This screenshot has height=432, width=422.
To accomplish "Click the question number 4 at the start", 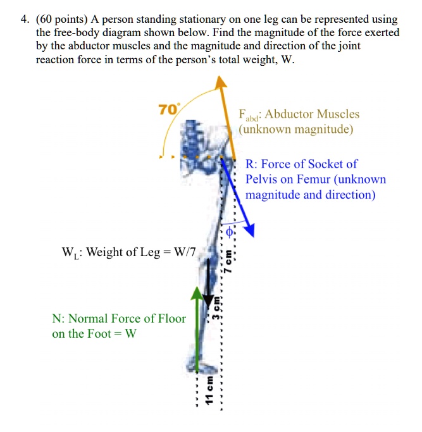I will pyautogui.click(x=23, y=20).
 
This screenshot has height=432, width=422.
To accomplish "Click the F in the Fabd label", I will pyautogui.click(x=242, y=114).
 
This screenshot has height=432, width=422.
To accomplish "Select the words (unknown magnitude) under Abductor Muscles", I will pyautogui.click(x=295, y=130).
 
